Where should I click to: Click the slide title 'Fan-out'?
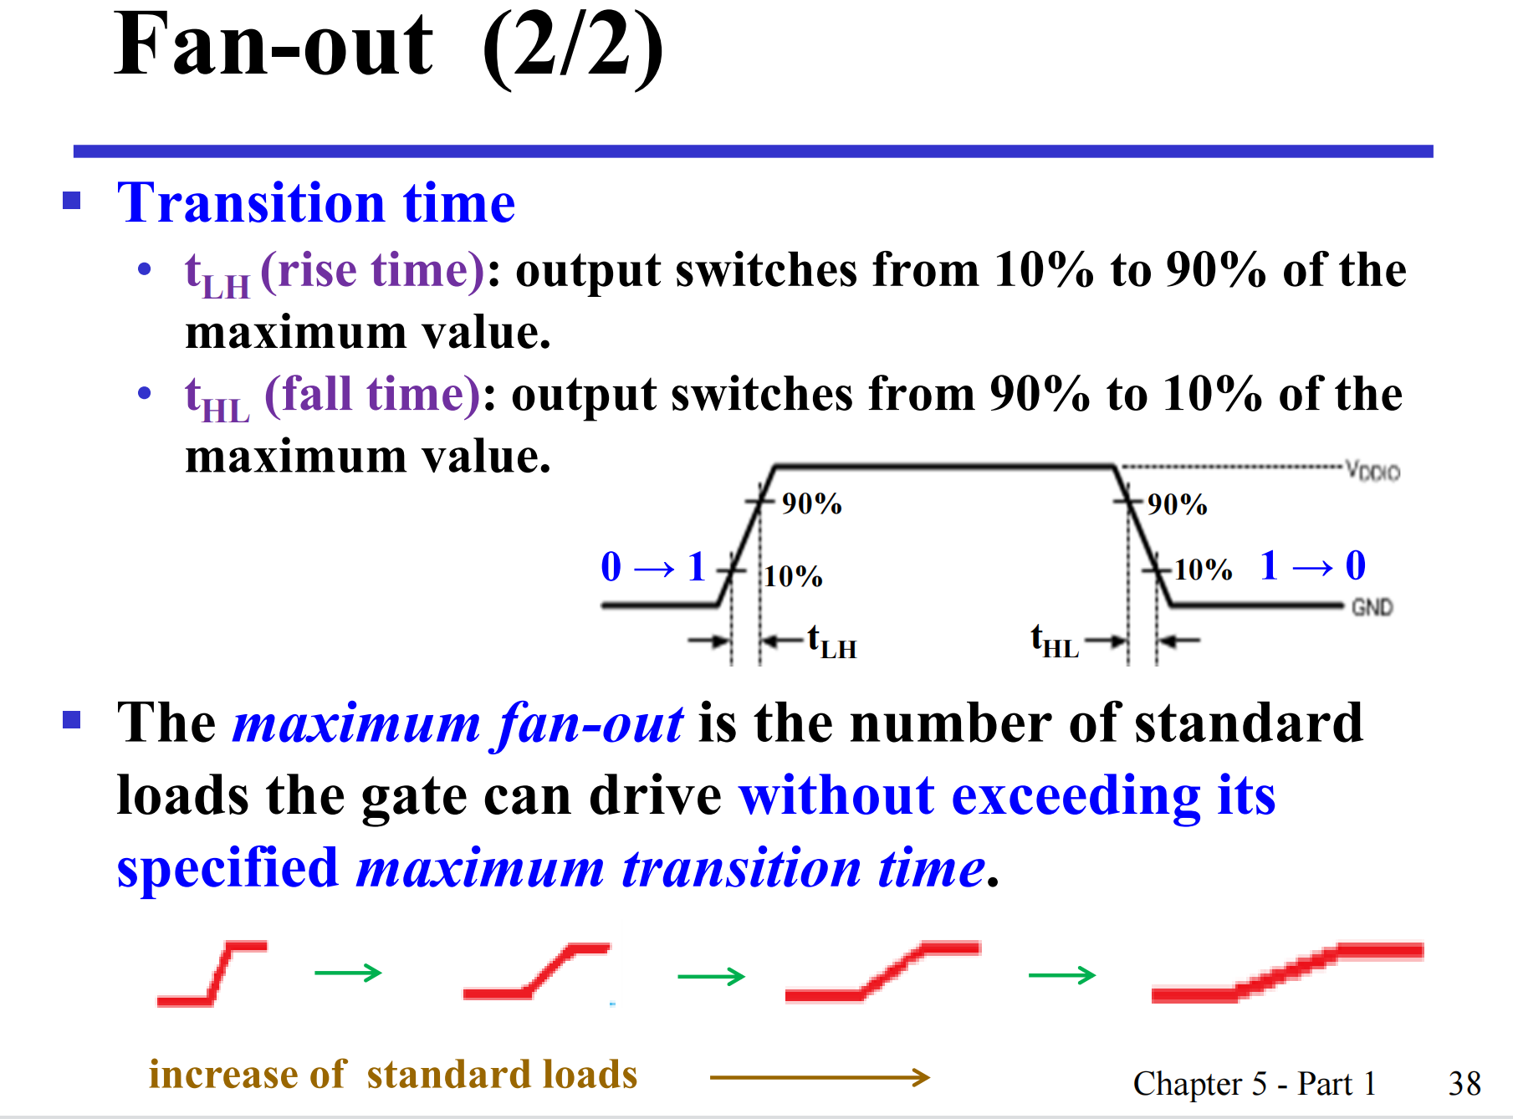click(273, 45)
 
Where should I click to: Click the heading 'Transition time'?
click(316, 203)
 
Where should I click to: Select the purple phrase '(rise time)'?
click(372, 271)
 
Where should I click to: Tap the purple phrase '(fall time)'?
click(373, 395)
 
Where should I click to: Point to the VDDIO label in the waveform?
click(1372, 471)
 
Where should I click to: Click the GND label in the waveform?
click(1372, 607)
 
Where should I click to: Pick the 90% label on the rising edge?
click(811, 503)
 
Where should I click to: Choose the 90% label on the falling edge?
click(1177, 504)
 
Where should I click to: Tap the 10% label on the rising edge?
click(793, 576)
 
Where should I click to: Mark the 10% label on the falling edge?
click(1203, 570)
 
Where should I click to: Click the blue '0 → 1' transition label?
click(654, 567)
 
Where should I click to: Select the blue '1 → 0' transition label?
click(1313, 566)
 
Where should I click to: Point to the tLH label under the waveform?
click(832, 642)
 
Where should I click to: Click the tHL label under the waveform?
click(1055, 641)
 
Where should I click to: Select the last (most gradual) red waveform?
click(1287, 973)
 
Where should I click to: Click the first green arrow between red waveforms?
click(348, 973)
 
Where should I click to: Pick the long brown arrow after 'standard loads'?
click(820, 1077)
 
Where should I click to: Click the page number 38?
click(1464, 1084)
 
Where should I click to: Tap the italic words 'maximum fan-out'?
click(458, 724)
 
